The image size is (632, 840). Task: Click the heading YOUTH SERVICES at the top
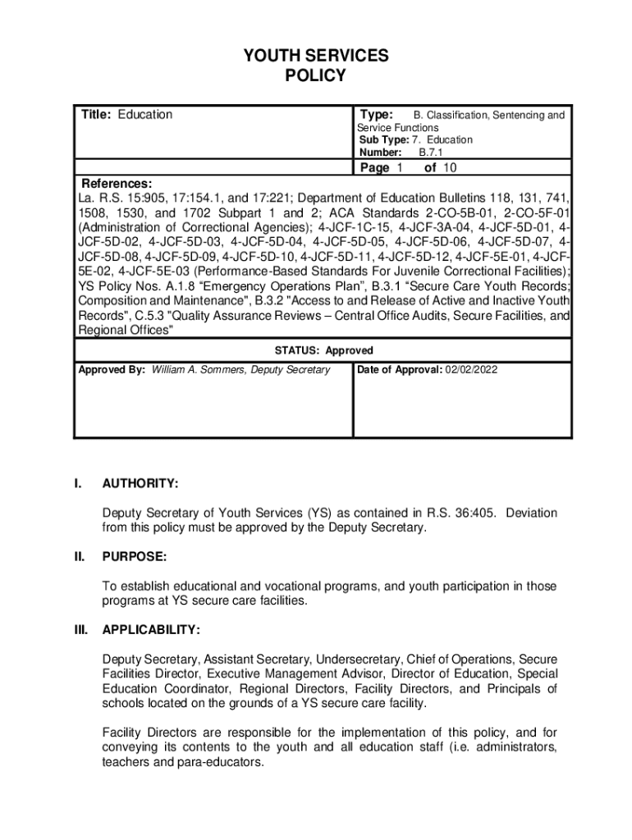tap(315, 56)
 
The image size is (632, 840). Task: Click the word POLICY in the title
tap(315, 76)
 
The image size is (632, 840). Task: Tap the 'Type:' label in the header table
tap(377, 115)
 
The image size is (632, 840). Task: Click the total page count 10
tap(449, 168)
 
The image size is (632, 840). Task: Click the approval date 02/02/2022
tap(471, 370)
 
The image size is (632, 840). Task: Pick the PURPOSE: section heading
tap(135, 557)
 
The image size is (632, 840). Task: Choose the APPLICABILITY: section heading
tap(151, 630)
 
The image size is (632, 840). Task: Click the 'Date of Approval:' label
tap(401, 370)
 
